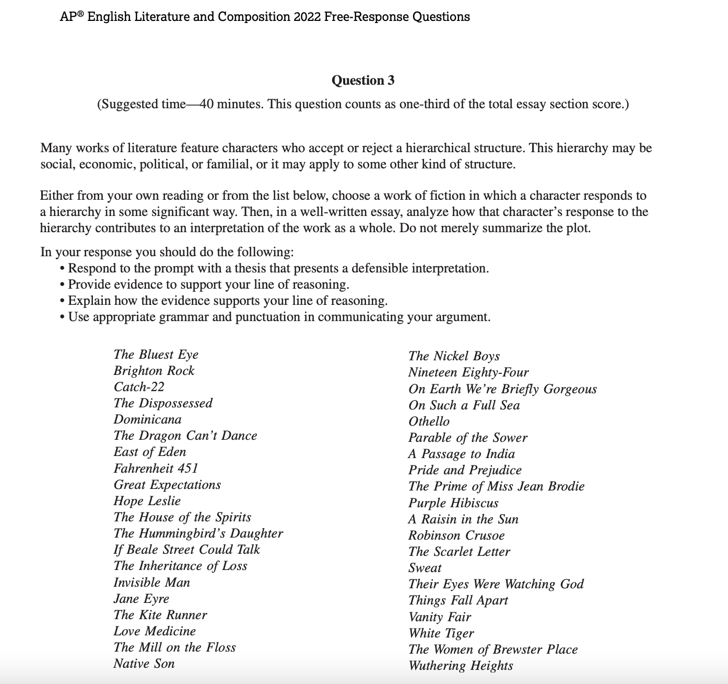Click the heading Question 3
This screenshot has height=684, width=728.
[x=363, y=80]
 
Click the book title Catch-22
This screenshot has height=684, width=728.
[x=139, y=387]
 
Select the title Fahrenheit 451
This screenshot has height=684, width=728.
[x=156, y=468]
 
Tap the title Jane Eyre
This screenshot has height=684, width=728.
[x=141, y=598]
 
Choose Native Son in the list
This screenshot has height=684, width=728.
[x=144, y=664]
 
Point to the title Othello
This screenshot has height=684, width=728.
[x=429, y=421]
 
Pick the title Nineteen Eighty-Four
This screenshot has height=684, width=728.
[x=468, y=372]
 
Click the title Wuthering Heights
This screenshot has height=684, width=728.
[x=461, y=666]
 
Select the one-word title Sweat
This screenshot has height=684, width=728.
[x=425, y=568]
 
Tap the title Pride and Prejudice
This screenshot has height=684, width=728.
[x=465, y=470]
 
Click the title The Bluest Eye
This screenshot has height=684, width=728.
[x=156, y=355]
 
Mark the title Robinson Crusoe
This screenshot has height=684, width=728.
[x=456, y=535]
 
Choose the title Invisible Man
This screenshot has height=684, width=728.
[x=151, y=582]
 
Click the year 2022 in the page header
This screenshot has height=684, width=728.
[x=307, y=17]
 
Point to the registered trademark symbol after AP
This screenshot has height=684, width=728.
[x=81, y=14]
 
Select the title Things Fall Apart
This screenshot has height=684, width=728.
[x=458, y=600]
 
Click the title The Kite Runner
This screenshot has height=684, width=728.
[x=160, y=615]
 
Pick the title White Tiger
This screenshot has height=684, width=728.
[x=441, y=633]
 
